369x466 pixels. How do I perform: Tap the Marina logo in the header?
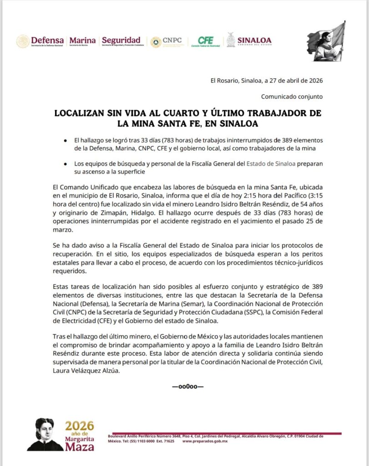point(82,41)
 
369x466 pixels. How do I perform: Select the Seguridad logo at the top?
point(121,41)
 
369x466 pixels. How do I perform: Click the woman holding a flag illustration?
point(326,42)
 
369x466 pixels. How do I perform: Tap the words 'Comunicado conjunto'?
point(292,96)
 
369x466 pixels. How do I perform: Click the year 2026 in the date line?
point(314,81)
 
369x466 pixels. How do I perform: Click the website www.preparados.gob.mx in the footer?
point(205,441)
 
